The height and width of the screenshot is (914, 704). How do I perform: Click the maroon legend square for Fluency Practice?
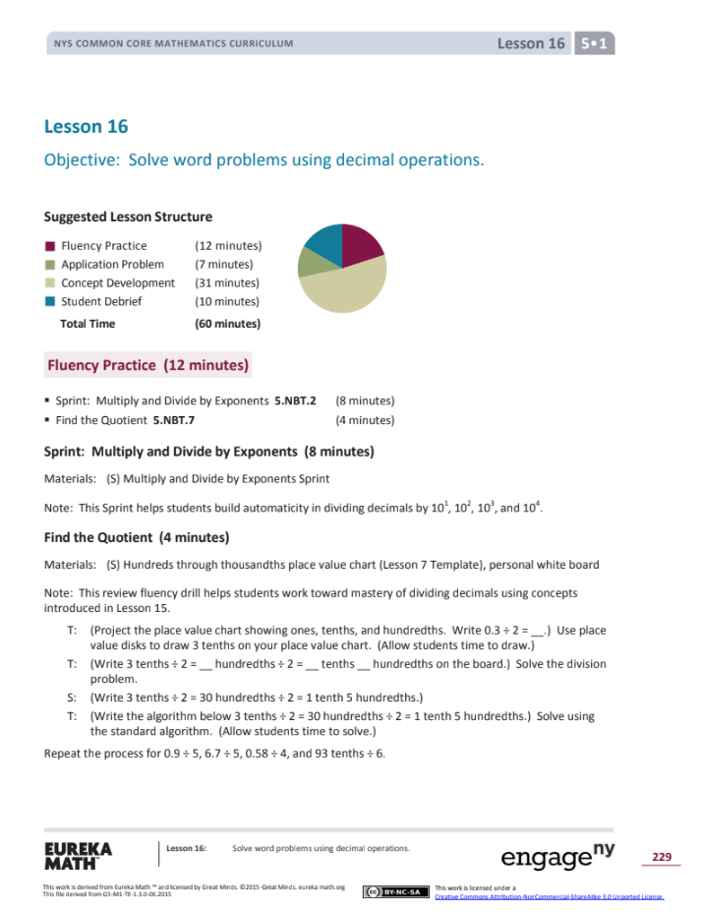coord(49,246)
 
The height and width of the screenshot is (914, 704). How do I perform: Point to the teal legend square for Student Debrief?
coord(49,302)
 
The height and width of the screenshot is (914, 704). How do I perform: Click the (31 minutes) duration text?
coord(227,283)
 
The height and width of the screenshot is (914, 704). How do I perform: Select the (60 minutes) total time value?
coord(227,324)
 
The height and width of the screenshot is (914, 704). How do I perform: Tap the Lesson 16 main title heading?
coord(87,127)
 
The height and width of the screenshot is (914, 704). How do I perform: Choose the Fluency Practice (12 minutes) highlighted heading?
coord(147,365)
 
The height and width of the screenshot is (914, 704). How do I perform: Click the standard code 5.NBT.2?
coord(295,401)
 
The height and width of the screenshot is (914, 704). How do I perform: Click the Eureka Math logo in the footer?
coord(79,855)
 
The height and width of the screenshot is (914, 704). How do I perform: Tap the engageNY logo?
coord(557,856)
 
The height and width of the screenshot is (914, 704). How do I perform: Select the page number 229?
coord(661,858)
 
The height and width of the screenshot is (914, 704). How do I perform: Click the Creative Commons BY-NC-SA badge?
coord(394,891)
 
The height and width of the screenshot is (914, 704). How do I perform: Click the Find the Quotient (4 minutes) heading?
coord(137,538)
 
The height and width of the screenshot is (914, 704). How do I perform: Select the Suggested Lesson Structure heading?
coord(128,216)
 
